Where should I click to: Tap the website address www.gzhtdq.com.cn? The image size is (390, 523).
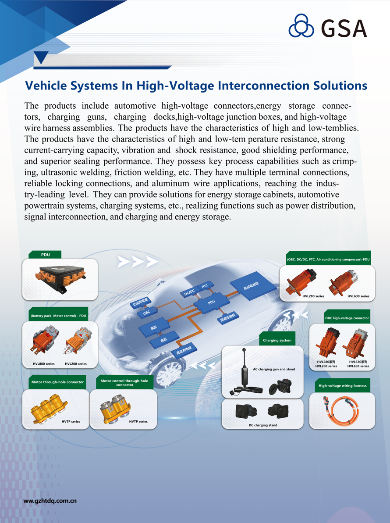pos(50,500)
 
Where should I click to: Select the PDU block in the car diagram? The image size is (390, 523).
pos(212,302)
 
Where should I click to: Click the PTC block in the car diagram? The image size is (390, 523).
pos(205,286)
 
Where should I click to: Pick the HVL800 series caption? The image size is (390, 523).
pos(44,363)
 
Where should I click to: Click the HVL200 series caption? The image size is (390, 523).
pos(76,363)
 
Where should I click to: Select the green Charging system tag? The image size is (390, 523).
pos(277,340)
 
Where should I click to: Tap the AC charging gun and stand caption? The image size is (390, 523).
pos(274,369)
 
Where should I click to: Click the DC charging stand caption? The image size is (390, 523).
pos(263,425)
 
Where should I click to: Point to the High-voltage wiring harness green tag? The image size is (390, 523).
pos(343,386)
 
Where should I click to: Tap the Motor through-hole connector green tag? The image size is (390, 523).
pos(57,382)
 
